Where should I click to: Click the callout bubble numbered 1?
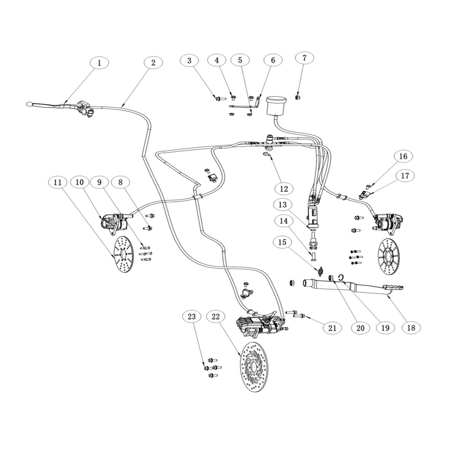[99, 63]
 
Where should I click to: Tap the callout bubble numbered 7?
[305, 58]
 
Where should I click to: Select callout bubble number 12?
[284, 189]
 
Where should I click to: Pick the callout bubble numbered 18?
[411, 328]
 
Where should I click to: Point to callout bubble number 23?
[192, 316]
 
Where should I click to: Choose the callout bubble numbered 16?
[403, 156]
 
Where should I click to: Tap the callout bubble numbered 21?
[332, 328]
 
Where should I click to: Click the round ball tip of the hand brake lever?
[29, 104]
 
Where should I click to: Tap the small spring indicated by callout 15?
[321, 271]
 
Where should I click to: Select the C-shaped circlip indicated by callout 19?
[341, 277]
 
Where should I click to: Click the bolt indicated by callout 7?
[297, 97]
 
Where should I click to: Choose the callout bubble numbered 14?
[284, 221]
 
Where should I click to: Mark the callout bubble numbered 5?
[240, 60]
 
